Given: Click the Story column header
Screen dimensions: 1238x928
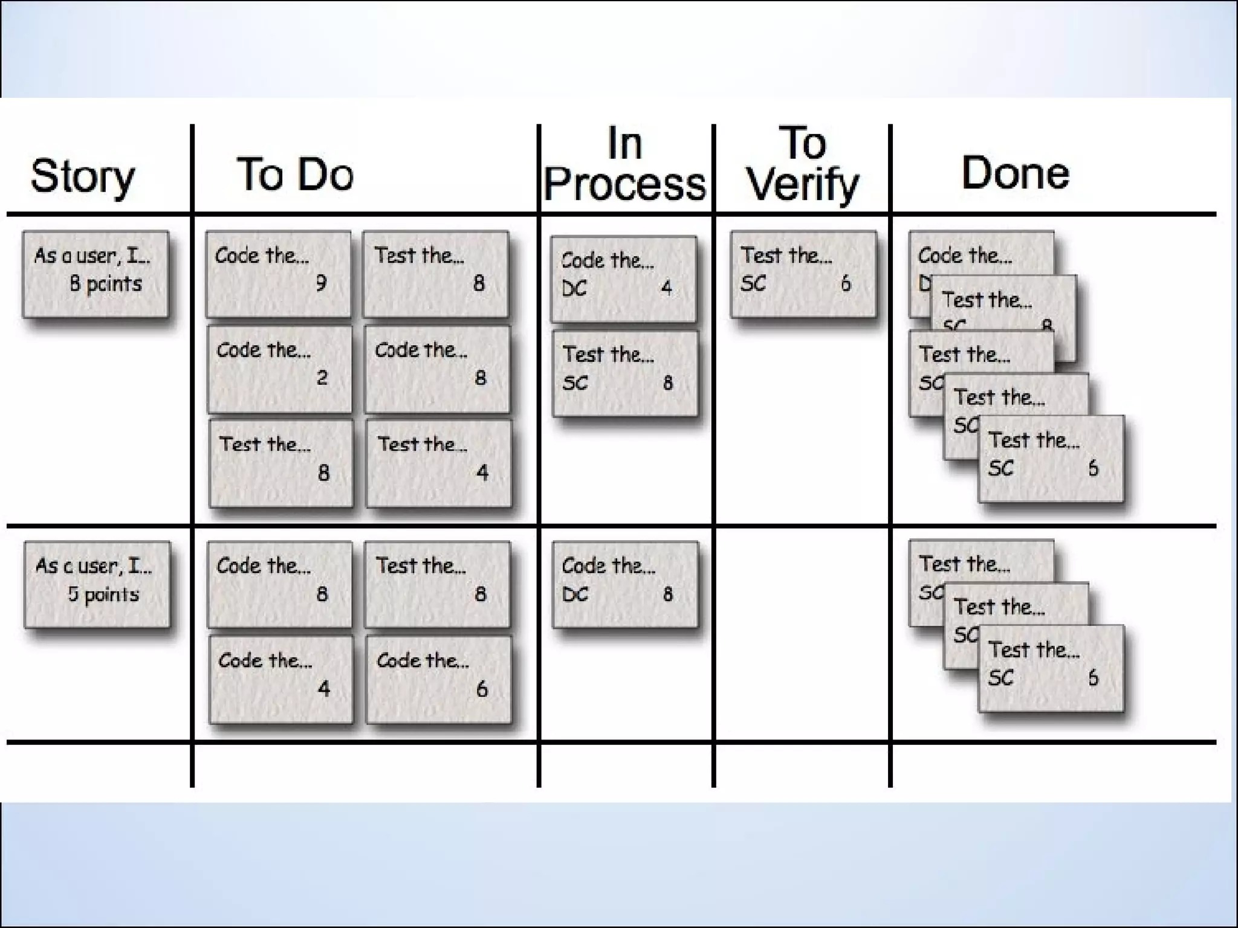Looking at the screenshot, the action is (x=83, y=176).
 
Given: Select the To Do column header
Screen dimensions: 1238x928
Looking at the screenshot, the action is (x=295, y=174).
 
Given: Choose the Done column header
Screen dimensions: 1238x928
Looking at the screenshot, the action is (x=1015, y=173).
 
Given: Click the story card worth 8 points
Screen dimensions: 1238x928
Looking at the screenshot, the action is (x=96, y=274).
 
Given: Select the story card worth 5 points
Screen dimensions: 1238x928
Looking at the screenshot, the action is (x=97, y=584).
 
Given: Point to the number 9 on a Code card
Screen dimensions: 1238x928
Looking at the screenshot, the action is (x=322, y=283).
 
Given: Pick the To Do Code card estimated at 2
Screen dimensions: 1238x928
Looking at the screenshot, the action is (x=280, y=369).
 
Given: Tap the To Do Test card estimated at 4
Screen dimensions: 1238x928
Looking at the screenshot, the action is (x=439, y=463).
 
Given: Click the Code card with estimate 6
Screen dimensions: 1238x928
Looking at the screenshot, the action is (x=439, y=679).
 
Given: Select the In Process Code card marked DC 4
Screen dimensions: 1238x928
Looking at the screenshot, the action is (x=623, y=279).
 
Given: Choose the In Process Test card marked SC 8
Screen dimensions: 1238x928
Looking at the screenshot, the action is (x=625, y=373).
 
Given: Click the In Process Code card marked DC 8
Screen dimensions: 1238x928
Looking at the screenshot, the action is (x=625, y=584).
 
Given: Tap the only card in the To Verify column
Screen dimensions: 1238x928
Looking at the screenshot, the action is (x=803, y=274).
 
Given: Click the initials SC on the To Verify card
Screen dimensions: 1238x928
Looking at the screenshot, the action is (x=753, y=283).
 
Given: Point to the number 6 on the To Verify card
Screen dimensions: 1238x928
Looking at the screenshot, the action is (x=846, y=283).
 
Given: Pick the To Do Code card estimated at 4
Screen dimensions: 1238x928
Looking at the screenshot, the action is (x=281, y=679).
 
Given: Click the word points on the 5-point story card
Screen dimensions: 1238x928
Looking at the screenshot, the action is (x=112, y=594).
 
